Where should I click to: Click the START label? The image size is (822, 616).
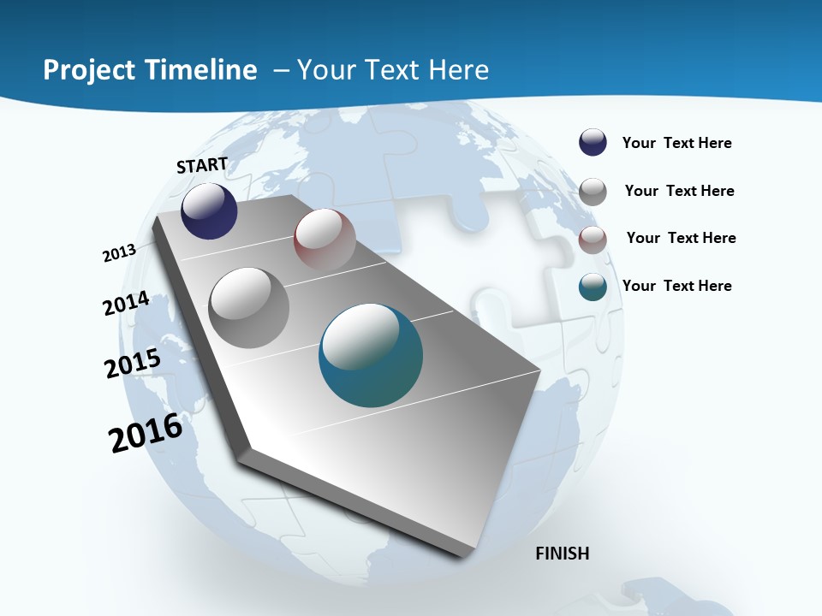pyautogui.click(x=202, y=165)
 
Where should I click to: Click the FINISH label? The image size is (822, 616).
pyautogui.click(x=563, y=554)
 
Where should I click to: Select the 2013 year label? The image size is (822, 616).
pyautogui.click(x=119, y=253)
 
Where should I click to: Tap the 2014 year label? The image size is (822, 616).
pyautogui.click(x=127, y=304)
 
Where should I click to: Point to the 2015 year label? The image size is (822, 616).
pyautogui.click(x=133, y=364)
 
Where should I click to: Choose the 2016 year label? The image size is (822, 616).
pyautogui.click(x=146, y=433)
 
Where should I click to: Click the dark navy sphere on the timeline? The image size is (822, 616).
pyautogui.click(x=209, y=211)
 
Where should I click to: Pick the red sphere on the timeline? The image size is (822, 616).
pyautogui.click(x=325, y=240)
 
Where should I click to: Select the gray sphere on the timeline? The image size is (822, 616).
pyautogui.click(x=249, y=308)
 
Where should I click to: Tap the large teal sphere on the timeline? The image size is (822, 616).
pyautogui.click(x=371, y=355)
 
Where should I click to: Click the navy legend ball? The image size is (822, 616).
pyautogui.click(x=593, y=143)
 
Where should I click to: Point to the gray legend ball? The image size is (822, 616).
pyautogui.click(x=593, y=192)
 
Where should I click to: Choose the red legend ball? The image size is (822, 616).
pyautogui.click(x=593, y=240)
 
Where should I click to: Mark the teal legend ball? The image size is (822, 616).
pyautogui.click(x=593, y=287)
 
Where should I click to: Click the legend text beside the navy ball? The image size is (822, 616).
pyautogui.click(x=676, y=143)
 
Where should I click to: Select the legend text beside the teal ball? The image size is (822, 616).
pyautogui.click(x=676, y=286)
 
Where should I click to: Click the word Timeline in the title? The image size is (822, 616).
pyautogui.click(x=202, y=70)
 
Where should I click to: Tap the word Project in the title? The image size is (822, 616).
pyautogui.click(x=88, y=70)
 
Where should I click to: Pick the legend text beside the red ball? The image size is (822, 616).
pyautogui.click(x=681, y=238)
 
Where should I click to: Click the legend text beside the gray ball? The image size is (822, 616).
pyautogui.click(x=679, y=191)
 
